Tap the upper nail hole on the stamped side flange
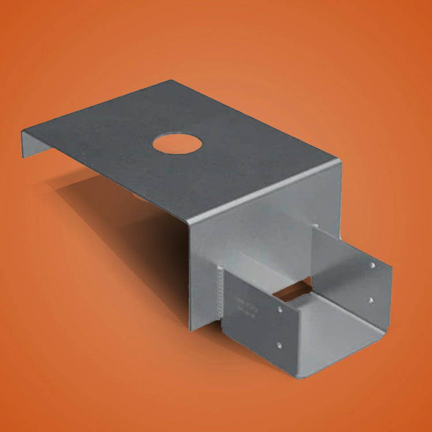[x=281, y=309]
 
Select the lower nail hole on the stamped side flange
[x=279, y=345]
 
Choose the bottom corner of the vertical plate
[x=191, y=329]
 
